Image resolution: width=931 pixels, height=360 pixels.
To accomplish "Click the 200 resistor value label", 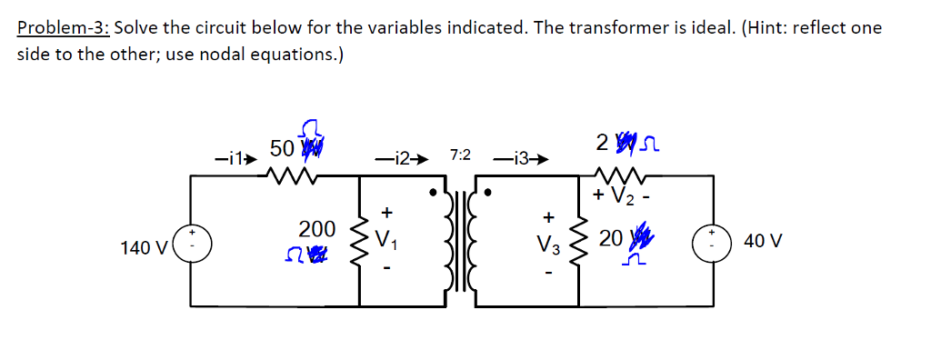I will tap(317, 228).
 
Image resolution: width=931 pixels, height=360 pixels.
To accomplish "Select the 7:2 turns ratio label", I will tap(460, 155).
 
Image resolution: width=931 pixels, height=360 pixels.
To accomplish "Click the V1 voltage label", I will tap(387, 241).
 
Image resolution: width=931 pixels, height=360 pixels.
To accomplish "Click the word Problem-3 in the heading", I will tap(63, 27).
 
